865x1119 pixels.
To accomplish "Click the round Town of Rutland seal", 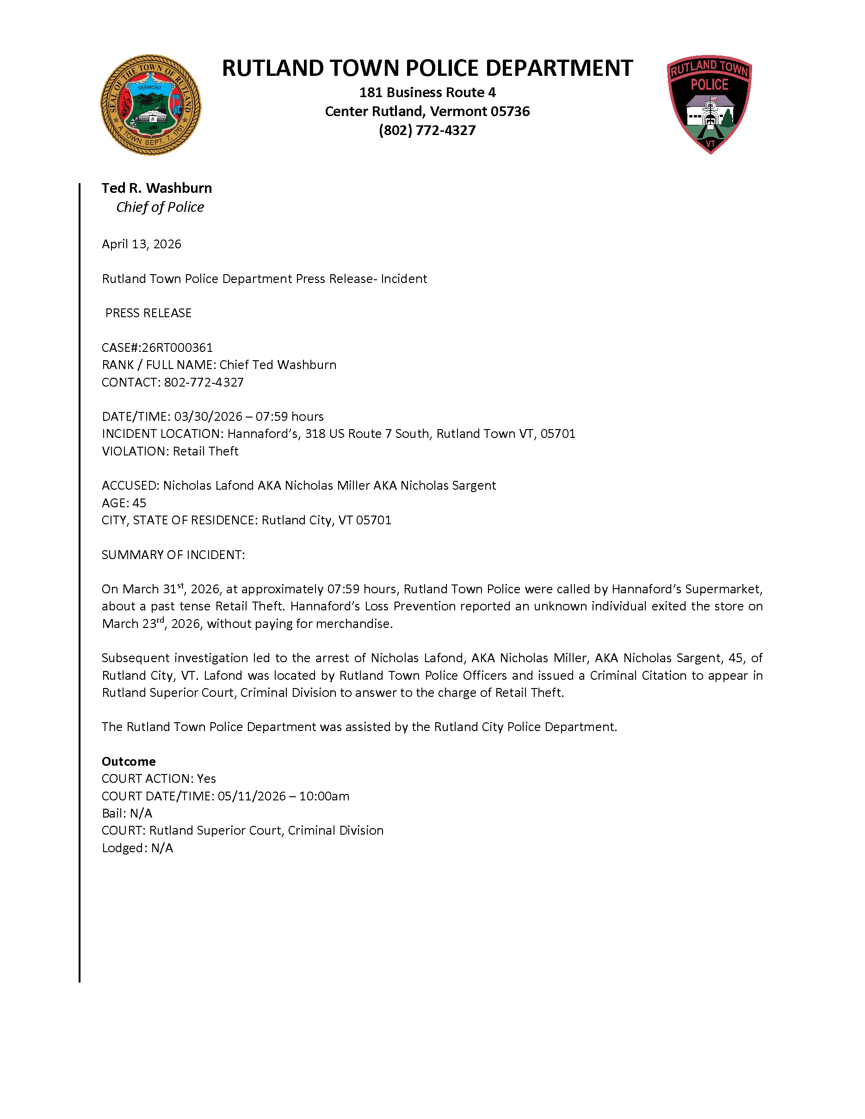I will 150,105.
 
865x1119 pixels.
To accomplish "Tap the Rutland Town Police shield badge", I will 709,104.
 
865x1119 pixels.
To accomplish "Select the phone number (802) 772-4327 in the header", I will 427,130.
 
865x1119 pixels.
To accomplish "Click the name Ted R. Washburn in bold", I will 156,188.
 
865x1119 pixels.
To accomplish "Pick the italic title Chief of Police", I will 160,207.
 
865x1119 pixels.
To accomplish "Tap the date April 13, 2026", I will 142,244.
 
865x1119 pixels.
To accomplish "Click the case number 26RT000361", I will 177,347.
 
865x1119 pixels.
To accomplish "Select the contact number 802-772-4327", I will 204,382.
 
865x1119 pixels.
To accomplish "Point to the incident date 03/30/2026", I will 208,417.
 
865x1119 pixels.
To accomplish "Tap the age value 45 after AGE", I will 139,503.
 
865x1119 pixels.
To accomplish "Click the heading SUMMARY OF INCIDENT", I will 173,554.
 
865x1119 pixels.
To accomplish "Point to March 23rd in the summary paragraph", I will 133,624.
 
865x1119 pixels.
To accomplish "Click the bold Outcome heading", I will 129,762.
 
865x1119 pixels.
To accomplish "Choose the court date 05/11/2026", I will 252,796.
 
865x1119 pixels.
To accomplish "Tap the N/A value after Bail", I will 141,813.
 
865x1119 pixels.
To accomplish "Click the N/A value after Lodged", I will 162,848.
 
